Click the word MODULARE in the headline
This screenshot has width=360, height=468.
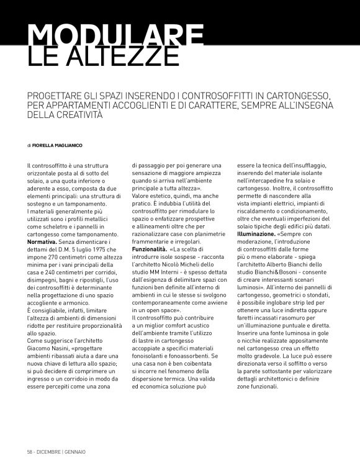point(115,35)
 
